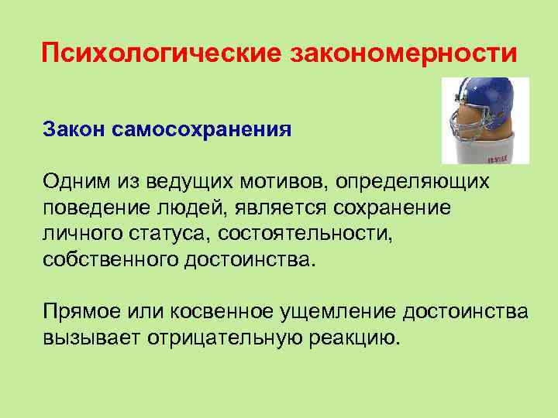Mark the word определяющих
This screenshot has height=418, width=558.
pos(414,183)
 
